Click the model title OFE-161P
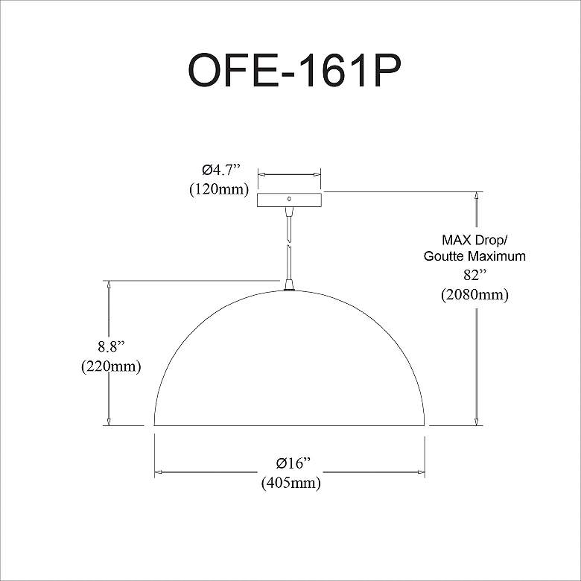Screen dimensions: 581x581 294,70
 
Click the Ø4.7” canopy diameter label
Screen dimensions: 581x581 221,170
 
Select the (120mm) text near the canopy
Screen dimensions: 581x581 219,189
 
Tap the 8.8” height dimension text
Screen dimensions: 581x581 111,347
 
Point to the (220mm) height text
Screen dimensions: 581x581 111,366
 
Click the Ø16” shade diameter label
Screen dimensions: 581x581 293,463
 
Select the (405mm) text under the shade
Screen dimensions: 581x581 291,483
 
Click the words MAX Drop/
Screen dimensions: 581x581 474,240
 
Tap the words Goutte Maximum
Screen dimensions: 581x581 474,256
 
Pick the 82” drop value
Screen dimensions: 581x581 474,276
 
